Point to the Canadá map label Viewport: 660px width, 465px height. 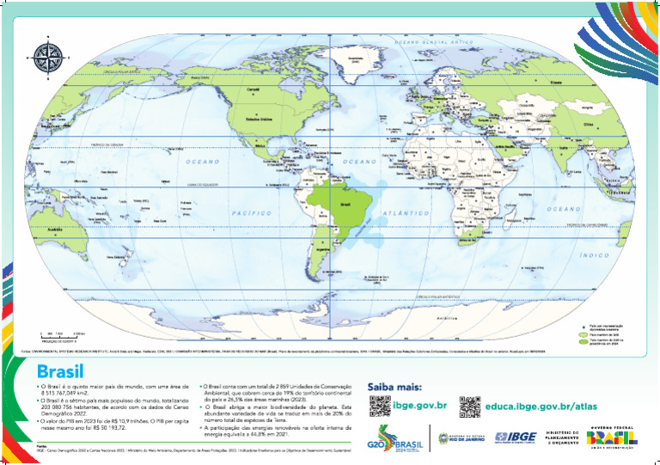[x=254, y=89]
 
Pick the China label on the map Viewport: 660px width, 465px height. [x=589, y=124]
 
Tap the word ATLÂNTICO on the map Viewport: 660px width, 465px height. [x=407, y=211]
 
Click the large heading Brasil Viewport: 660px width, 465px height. [x=60, y=372]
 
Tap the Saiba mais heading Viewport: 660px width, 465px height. [x=393, y=387]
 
